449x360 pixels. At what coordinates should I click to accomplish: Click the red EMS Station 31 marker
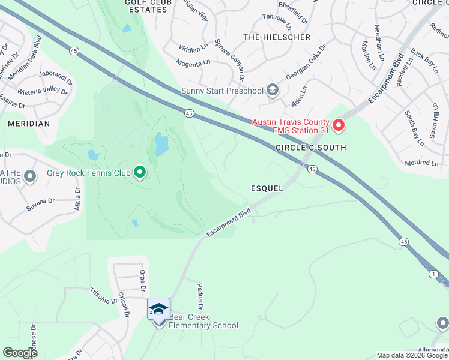tap(339, 125)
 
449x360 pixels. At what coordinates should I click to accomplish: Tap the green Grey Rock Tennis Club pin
tap(140, 173)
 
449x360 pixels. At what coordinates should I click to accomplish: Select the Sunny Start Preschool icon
tap(273, 91)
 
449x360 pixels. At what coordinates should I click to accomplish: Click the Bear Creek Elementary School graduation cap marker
tap(158, 309)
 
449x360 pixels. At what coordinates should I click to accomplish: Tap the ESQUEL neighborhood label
tap(267, 188)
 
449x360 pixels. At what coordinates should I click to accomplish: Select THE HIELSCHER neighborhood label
tap(277, 37)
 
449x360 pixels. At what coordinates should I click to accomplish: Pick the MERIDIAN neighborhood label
tap(28, 123)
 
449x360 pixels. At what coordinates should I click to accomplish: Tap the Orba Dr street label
tap(143, 278)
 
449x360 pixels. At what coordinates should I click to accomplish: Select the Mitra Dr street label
tap(77, 198)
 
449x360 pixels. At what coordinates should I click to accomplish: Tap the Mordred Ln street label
tap(421, 163)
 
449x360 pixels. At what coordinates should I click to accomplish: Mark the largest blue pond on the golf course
tap(161, 145)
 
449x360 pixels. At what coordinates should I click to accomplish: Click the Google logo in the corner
tap(20, 353)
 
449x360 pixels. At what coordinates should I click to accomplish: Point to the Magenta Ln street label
tap(193, 62)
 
